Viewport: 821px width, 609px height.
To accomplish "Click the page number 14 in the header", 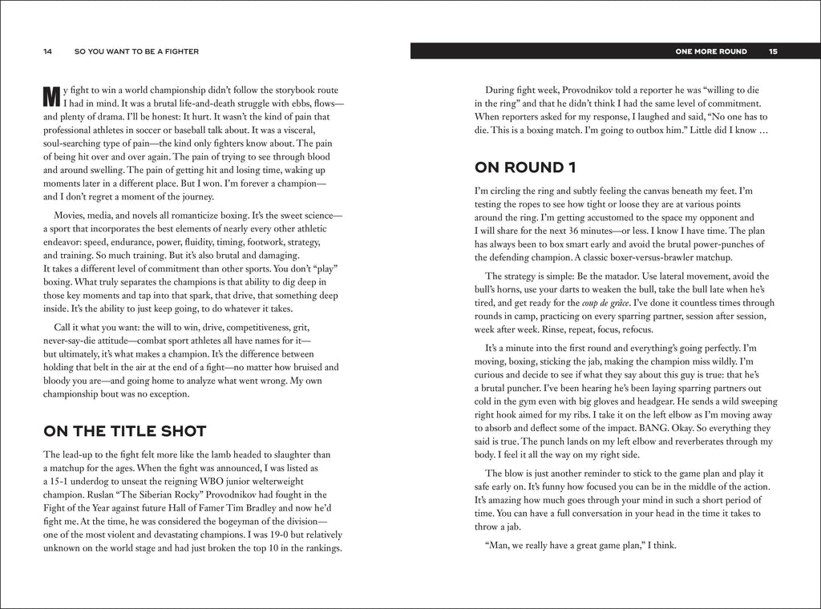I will (x=48, y=52).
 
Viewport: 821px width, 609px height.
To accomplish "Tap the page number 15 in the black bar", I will (x=773, y=52).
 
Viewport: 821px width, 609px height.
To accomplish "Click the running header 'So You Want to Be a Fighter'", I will (x=136, y=52).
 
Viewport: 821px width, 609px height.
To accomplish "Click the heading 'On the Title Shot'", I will (x=125, y=431).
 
